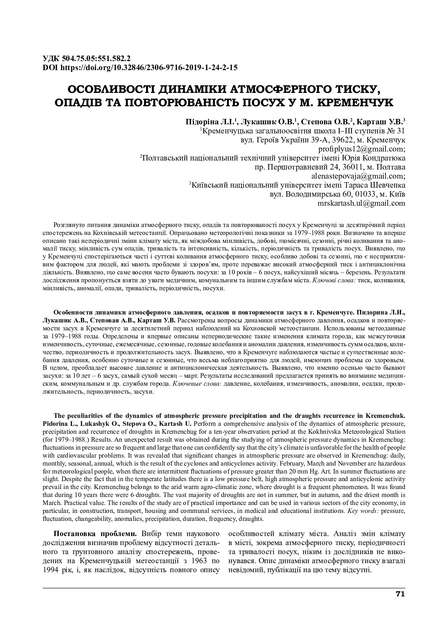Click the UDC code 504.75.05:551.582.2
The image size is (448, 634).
click(x=96, y=59)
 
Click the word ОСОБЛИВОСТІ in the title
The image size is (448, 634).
click(x=111, y=89)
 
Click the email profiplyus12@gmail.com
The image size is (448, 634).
click(x=361, y=149)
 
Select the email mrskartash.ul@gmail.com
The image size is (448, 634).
click(x=361, y=203)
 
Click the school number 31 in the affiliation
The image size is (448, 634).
click(x=401, y=131)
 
